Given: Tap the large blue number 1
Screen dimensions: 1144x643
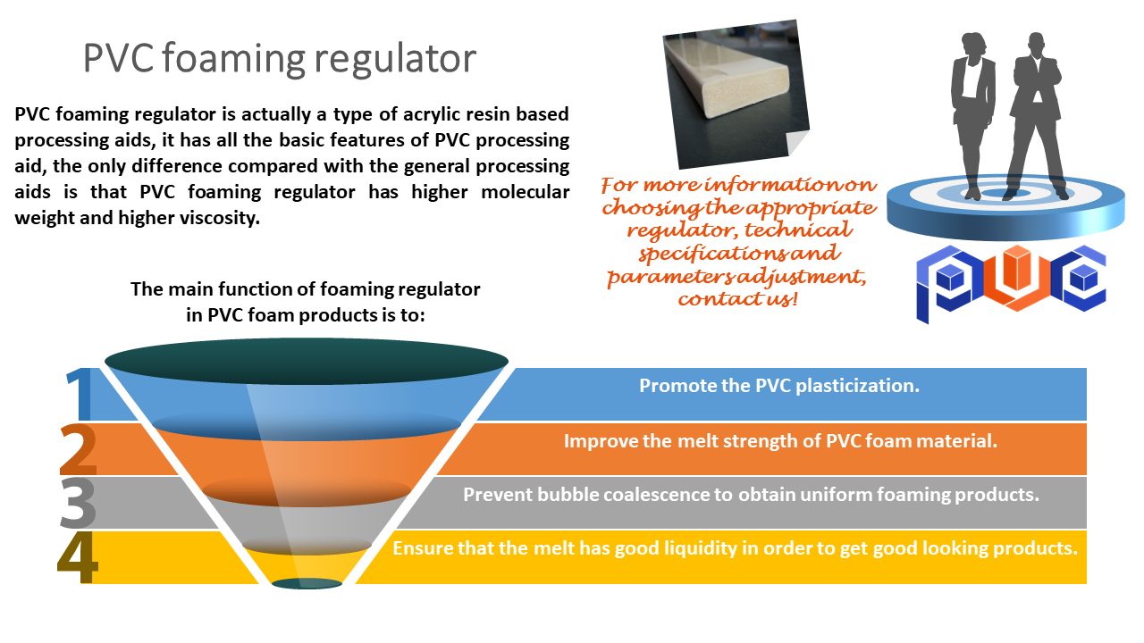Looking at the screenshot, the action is coord(80,393).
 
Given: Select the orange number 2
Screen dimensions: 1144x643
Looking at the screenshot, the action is coord(78,449).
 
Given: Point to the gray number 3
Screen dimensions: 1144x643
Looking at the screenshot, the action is coord(78,503).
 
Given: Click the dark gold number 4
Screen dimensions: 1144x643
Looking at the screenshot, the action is coord(77,556).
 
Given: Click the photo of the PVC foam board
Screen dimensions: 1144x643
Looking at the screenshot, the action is coord(736,95).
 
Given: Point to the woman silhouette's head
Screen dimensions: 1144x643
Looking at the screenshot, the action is coord(973,45).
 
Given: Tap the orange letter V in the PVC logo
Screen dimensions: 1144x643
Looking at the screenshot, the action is coord(1016,278).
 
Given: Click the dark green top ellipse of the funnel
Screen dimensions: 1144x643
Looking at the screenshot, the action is coord(307,361).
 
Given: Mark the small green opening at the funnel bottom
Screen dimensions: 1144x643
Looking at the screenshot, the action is coord(307,583).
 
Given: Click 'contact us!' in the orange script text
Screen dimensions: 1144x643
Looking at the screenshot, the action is coord(737,298).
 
